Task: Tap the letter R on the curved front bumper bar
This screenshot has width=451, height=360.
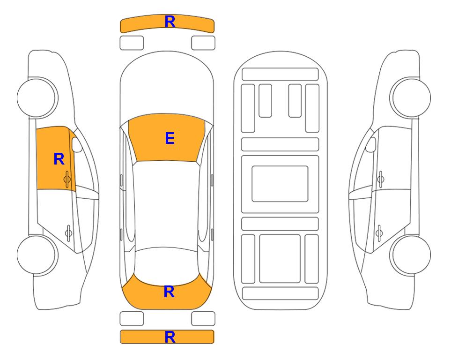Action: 170,22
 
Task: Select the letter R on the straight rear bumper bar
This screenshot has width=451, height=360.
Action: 170,337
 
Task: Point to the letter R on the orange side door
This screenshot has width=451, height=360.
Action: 59,159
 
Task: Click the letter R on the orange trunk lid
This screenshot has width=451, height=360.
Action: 169,292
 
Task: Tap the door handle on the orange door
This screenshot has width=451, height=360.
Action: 67,179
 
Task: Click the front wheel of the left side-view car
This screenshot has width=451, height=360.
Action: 37,97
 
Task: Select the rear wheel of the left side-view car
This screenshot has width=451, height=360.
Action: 37,255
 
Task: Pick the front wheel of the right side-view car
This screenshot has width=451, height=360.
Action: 410,97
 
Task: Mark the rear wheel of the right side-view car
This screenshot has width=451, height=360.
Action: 410,255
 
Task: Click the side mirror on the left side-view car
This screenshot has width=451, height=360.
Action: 77,144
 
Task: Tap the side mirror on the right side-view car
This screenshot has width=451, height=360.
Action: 370,144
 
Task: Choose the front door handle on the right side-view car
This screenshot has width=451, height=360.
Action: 381,179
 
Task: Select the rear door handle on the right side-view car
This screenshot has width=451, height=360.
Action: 379,233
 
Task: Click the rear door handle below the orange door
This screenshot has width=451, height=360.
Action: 68,233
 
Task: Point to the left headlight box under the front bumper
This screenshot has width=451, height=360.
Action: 132,43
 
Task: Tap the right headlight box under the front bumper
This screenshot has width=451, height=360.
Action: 203,43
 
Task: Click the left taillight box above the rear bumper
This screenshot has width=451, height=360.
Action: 132,319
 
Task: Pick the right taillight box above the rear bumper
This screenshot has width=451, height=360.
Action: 203,319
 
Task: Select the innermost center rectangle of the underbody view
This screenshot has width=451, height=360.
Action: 280,184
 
